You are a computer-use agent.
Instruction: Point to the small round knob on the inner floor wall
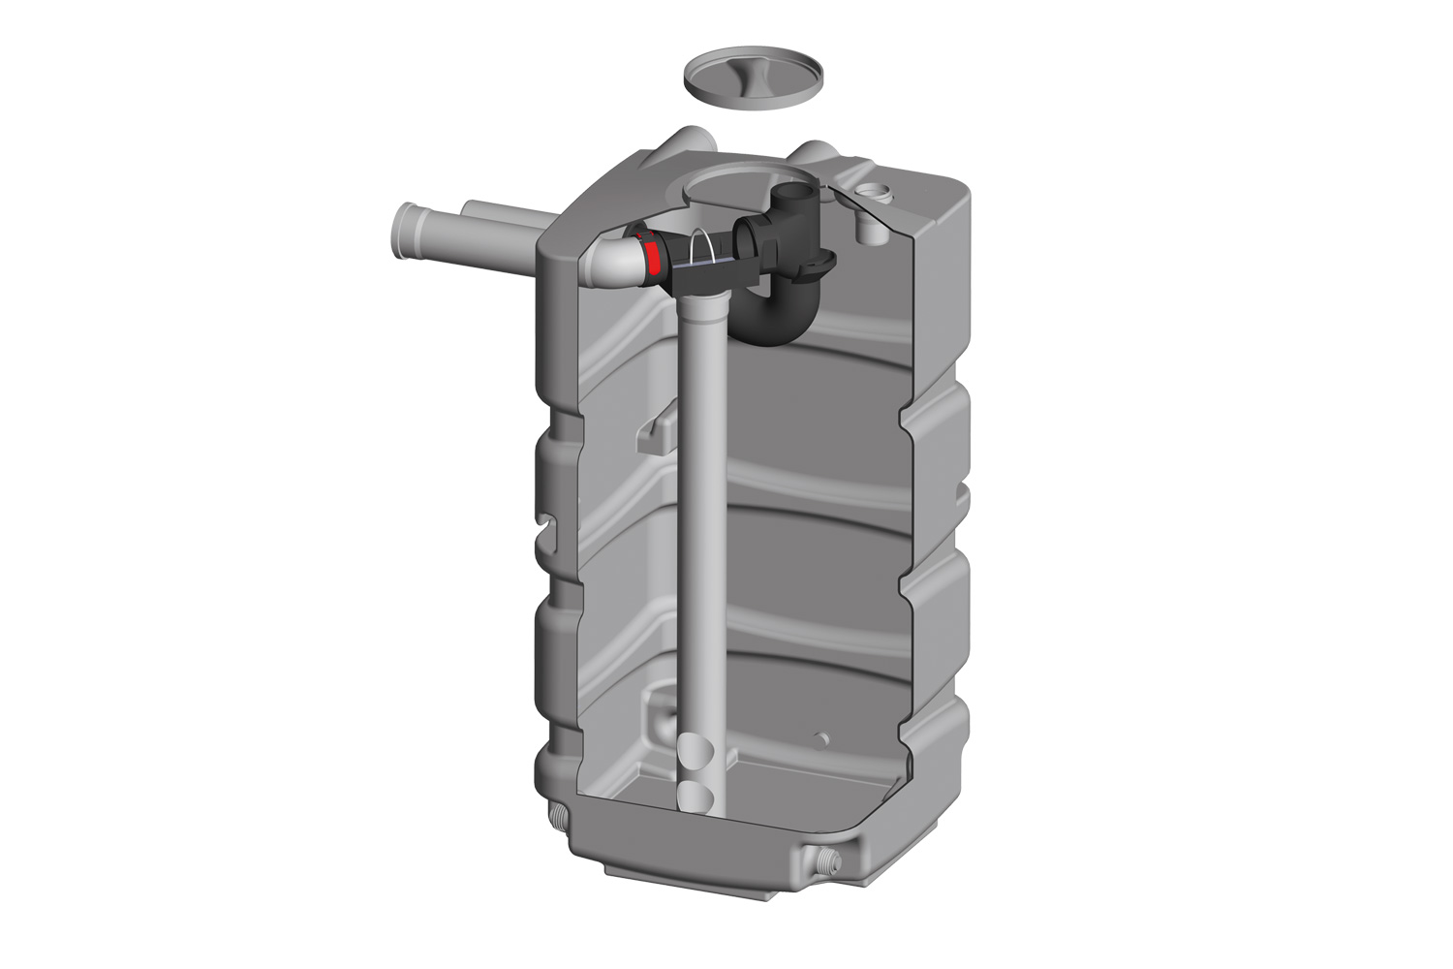click(824, 739)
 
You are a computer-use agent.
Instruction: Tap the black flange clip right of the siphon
click(824, 262)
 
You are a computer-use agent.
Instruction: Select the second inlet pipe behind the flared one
click(484, 213)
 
